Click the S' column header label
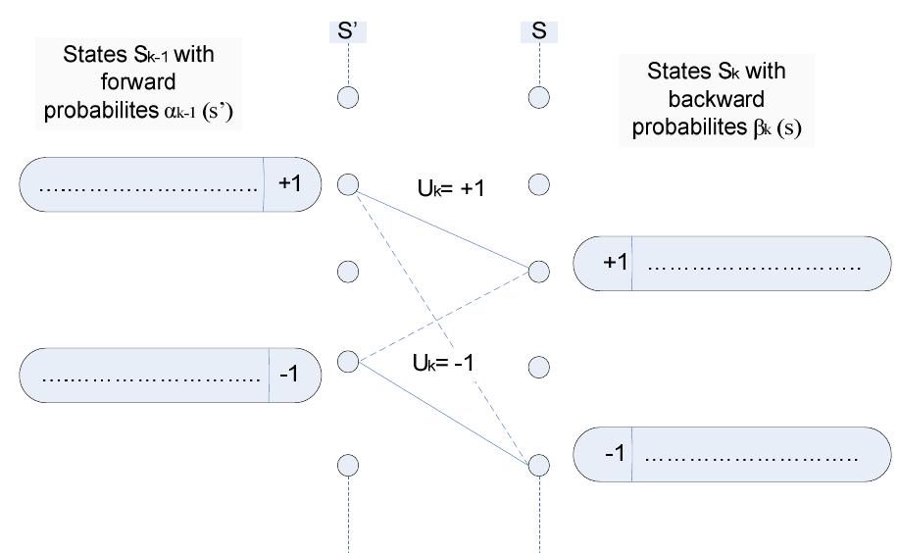[347, 31]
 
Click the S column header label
[538, 31]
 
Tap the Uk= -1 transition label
[444, 362]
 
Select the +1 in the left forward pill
[291, 183]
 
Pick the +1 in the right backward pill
[613, 263]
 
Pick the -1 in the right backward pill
[613, 454]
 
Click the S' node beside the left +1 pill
[348, 183]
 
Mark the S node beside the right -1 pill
[538, 464]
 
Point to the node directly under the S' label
[348, 96]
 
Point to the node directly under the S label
[538, 96]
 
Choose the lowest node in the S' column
[348, 464]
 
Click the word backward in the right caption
[716, 100]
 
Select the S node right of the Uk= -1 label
[538, 367]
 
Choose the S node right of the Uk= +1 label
[538, 183]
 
